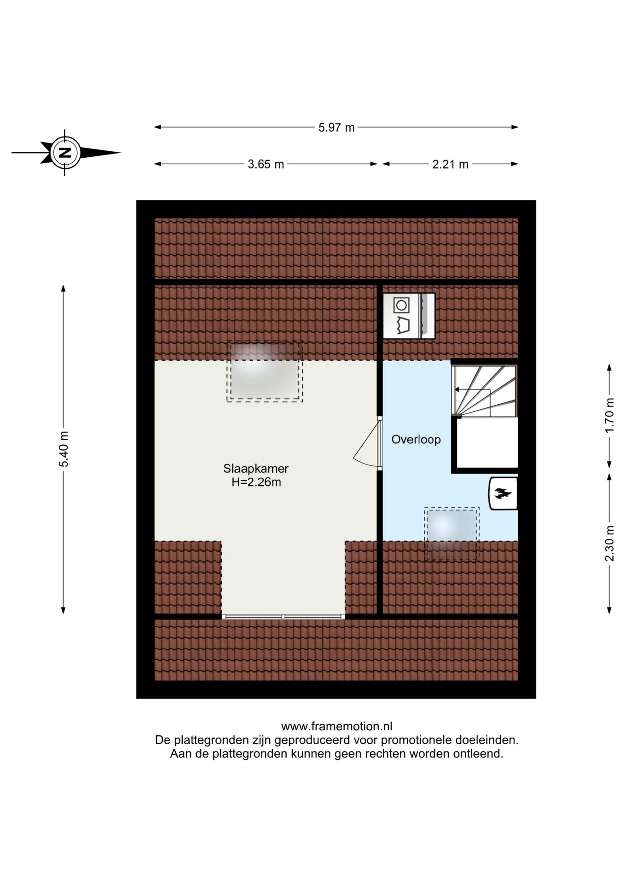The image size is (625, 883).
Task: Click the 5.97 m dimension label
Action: (336, 127)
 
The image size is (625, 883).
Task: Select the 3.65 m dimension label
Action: (266, 164)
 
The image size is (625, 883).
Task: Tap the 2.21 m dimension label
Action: (450, 164)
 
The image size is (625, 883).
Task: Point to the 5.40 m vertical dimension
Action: (64, 449)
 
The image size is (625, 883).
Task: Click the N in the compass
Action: (65, 152)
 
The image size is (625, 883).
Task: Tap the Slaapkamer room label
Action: (256, 469)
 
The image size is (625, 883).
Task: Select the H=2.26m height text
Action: (256, 482)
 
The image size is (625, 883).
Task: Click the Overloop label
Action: (416, 440)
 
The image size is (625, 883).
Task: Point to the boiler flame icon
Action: (503, 494)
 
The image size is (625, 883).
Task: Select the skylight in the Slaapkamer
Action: (264, 372)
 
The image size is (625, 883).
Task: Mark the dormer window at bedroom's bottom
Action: (283, 616)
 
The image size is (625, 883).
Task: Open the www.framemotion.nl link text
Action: (336, 727)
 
